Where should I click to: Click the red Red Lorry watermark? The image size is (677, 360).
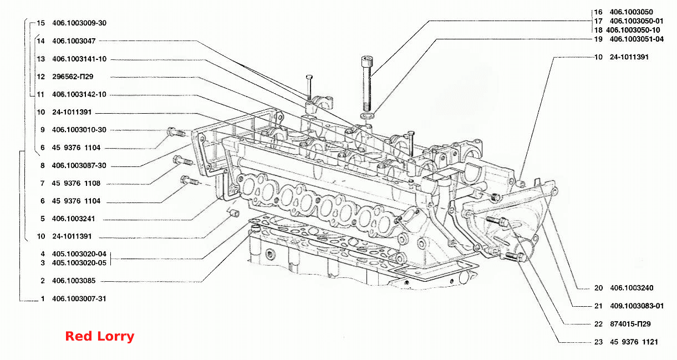(x=100, y=336)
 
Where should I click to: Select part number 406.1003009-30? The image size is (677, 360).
(x=79, y=23)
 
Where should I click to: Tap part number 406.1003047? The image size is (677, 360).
(x=74, y=41)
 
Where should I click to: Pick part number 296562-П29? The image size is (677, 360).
(x=73, y=77)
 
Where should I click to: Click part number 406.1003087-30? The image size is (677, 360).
(x=79, y=166)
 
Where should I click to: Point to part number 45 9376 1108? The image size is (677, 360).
(x=76, y=183)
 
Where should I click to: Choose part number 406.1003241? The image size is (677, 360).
(x=73, y=219)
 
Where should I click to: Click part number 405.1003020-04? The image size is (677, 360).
(x=79, y=254)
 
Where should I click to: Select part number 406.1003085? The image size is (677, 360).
(x=74, y=281)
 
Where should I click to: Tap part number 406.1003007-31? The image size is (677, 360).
(x=79, y=299)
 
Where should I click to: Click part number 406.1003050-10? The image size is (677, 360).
(x=633, y=30)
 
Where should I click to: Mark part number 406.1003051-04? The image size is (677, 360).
(x=637, y=39)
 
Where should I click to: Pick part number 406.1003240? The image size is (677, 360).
(x=632, y=288)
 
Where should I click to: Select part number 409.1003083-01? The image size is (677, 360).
(x=637, y=306)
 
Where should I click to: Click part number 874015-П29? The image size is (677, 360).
(x=630, y=324)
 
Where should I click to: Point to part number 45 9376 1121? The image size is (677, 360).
(x=634, y=342)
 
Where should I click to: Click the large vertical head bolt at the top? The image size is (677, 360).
(x=367, y=83)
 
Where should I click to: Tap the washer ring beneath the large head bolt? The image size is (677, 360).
(x=367, y=116)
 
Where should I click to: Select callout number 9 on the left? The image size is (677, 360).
(x=43, y=130)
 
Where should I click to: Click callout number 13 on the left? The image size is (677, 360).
(x=41, y=59)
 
